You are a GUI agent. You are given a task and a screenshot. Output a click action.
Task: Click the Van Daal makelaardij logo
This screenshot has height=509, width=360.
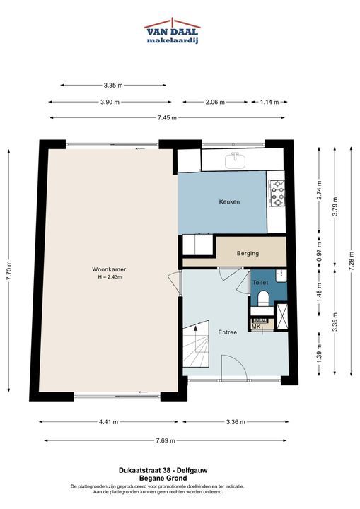172,31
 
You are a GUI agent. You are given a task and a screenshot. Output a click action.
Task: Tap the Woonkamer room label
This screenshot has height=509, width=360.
109,269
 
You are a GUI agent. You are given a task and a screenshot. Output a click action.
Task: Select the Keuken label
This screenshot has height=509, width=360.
229,201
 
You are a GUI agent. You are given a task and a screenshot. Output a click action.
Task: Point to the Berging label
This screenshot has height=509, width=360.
248,253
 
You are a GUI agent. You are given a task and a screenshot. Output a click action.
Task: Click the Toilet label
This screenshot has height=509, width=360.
260,283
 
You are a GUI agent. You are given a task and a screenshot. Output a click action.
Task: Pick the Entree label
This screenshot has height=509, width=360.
228,332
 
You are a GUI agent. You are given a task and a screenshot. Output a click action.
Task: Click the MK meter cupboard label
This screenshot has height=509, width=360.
256,327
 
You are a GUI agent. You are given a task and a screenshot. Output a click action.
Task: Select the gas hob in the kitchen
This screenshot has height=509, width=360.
277,194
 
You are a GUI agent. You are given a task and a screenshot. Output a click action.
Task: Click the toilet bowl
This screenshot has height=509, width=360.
263,298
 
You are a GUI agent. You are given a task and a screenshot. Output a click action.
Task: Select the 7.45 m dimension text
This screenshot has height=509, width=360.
168,118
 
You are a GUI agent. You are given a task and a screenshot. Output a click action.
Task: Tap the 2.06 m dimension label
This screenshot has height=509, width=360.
215,102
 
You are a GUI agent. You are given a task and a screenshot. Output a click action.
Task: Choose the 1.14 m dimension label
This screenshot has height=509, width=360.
269,102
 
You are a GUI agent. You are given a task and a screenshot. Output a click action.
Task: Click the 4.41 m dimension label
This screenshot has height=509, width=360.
108,422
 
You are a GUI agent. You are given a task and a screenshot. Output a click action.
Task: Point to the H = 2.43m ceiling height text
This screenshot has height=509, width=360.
110,277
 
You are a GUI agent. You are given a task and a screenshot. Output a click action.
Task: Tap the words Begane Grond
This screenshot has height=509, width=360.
163,478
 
